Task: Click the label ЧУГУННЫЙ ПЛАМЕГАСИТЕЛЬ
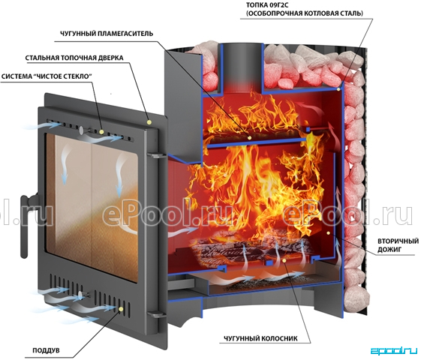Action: (107, 34)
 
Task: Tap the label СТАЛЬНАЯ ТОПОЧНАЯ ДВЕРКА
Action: (74, 58)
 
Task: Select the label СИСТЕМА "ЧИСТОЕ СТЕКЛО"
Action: (47, 76)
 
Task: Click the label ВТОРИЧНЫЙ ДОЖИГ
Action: (398, 245)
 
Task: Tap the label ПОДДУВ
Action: (47, 350)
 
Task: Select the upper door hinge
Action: (155, 155)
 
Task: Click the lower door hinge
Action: (155, 314)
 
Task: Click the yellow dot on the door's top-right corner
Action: (149, 122)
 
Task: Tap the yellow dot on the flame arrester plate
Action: (250, 137)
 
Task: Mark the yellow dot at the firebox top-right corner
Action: (338, 88)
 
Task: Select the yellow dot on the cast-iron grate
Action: (284, 260)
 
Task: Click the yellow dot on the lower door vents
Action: (122, 309)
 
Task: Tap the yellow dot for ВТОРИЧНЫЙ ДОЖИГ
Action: (328, 233)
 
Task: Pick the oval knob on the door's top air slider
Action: (81, 129)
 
